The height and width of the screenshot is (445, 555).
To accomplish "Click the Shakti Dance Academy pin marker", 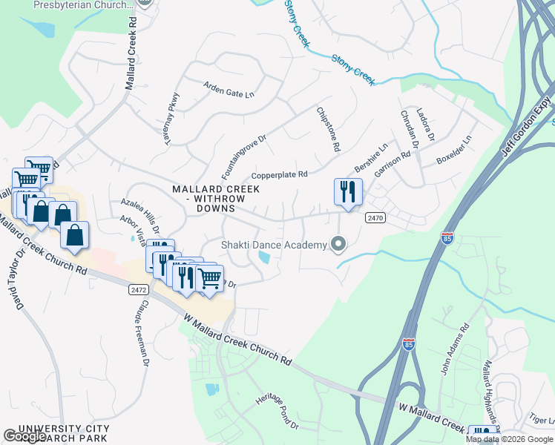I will (x=339, y=244).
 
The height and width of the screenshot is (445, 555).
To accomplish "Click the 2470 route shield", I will (x=375, y=217).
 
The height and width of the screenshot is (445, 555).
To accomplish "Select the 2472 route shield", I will (x=137, y=289).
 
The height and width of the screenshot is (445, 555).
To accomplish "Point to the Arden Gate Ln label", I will (x=229, y=90).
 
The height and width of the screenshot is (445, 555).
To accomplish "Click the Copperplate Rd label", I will (x=279, y=175).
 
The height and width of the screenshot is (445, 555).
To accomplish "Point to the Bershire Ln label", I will (x=372, y=158).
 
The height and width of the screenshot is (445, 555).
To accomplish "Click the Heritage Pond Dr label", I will (x=276, y=412).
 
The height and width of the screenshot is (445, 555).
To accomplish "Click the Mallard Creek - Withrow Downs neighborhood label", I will (x=216, y=199).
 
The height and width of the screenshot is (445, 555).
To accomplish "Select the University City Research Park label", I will (x=59, y=434).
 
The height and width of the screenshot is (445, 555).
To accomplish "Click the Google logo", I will (x=24, y=436).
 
